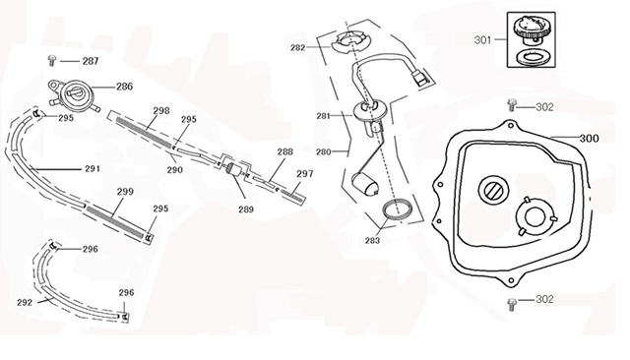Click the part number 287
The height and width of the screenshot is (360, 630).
coord(90,61)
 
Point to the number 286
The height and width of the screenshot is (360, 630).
coord(124,87)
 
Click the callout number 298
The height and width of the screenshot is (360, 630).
coord(161,110)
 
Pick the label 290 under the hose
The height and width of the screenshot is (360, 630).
coord(174,169)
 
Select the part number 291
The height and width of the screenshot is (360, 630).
coord(92,168)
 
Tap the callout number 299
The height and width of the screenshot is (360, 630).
coord(125,192)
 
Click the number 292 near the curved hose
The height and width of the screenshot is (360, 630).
coord(25,302)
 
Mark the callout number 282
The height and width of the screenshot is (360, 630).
coord(298,47)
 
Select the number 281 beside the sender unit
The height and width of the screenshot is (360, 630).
coord(322,116)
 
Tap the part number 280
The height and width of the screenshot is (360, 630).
coord(322,151)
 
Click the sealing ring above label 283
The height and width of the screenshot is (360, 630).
coord(398,210)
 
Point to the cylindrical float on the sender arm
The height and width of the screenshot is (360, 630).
coord(363,184)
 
